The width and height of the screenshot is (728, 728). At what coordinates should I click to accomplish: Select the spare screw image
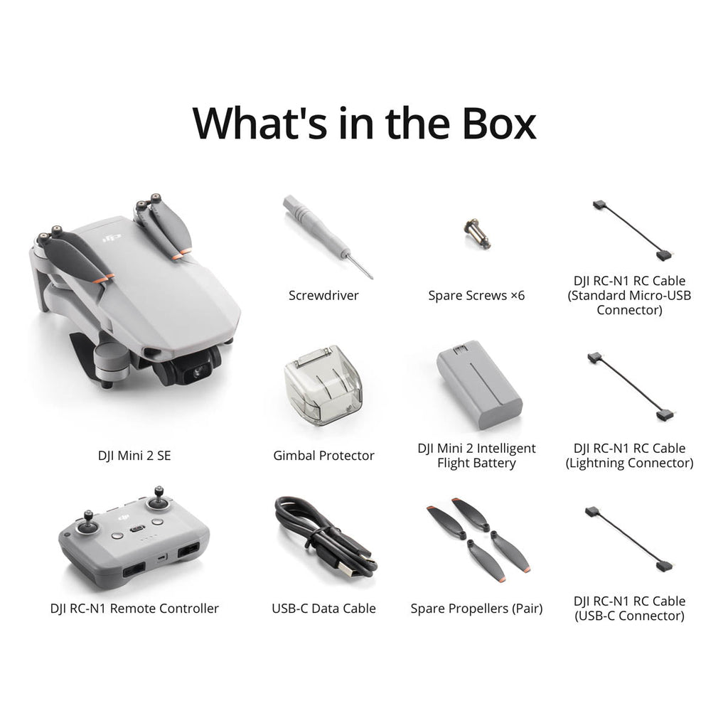[477, 233]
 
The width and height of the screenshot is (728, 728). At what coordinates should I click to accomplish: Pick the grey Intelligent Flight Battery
[478, 384]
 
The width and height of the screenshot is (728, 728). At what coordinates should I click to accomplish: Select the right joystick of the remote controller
[159, 500]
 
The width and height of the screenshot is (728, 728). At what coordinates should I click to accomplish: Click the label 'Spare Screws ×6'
[476, 295]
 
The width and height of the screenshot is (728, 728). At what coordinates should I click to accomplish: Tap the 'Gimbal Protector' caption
[323, 456]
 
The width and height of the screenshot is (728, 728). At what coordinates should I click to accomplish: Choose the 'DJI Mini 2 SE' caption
[134, 456]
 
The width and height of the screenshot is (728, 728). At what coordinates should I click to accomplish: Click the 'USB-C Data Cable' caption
[323, 609]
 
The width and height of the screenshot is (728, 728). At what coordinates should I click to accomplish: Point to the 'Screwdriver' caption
[323, 295]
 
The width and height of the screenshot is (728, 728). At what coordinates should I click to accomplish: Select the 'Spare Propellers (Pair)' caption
[476, 609]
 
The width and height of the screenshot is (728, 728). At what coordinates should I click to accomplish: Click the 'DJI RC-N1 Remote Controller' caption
[134, 609]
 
